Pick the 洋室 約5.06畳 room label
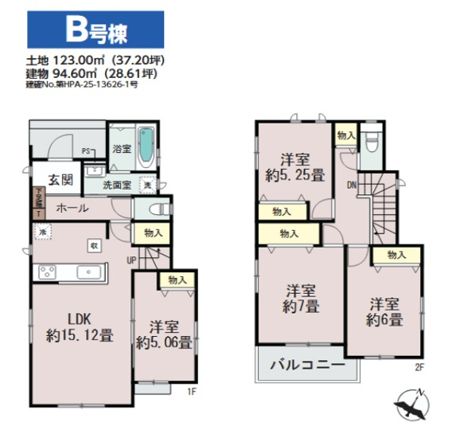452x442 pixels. click(163, 335)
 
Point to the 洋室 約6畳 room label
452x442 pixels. click(384, 312)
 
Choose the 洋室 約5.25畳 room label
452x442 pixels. click(294, 164)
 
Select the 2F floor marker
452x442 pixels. click(419, 367)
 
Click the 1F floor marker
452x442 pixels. click(191, 391)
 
